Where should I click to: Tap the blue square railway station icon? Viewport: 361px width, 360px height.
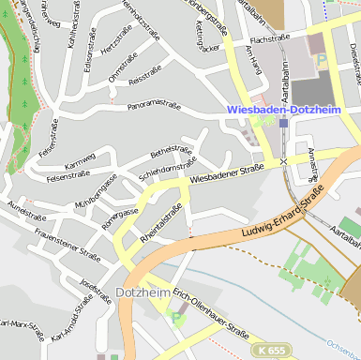(283, 123)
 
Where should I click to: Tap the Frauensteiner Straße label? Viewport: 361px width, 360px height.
(67, 242)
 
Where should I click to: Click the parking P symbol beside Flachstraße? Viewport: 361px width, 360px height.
(322, 58)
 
